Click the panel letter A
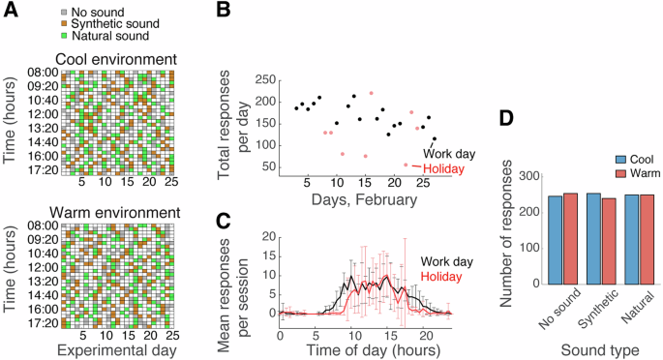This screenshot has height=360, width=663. tap(11, 10)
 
